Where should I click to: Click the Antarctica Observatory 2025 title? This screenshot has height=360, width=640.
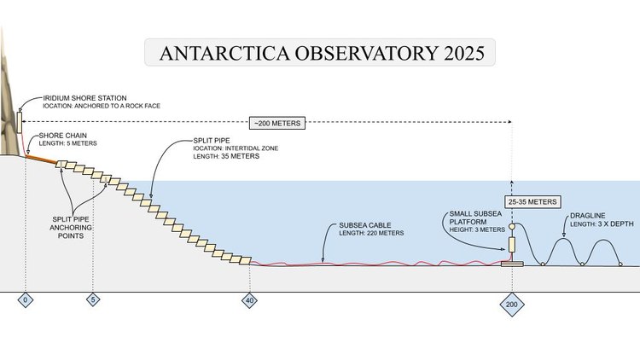[321, 54]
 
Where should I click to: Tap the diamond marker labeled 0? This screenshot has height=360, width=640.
[26, 300]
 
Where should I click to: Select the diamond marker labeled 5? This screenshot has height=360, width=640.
[94, 300]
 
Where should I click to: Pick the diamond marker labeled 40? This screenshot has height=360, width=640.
[250, 300]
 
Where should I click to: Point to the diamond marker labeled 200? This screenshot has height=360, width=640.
[511, 304]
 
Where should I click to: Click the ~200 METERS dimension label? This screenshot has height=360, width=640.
[276, 123]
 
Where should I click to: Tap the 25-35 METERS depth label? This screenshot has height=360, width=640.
[532, 202]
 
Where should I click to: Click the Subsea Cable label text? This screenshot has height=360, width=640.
[366, 229]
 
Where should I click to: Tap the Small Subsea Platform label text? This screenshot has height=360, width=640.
[474, 221]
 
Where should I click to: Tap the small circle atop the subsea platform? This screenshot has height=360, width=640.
[511, 228]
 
